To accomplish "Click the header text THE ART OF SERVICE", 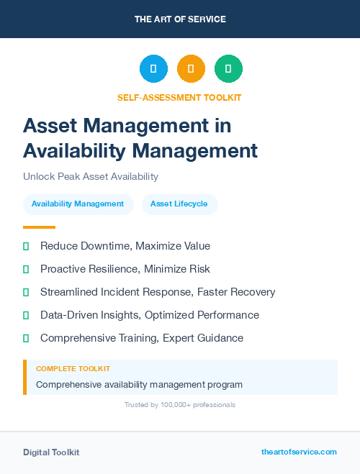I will tap(180, 19).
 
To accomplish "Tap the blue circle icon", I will tap(153, 69).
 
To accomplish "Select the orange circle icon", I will tap(191, 69).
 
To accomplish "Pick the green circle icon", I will tap(228, 69).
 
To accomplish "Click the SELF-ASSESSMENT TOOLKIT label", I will tap(179, 97).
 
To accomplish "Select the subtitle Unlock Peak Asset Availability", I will tap(90, 176).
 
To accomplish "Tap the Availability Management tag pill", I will tap(78, 204).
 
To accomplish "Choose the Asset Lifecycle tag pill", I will tap(179, 204).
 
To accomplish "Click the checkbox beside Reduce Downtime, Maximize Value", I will tap(26, 246).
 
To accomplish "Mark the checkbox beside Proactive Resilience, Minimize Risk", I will tap(26, 269).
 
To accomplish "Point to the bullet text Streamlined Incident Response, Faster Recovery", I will tap(158, 292).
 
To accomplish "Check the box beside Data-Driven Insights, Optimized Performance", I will tap(26, 315).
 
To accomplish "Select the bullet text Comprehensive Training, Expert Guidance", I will tap(142, 338).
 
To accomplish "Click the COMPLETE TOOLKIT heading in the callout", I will tap(73, 369).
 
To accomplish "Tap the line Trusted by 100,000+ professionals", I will tap(179, 405).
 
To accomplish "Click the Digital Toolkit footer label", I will tap(51, 452).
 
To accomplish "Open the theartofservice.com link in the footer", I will tap(299, 452).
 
